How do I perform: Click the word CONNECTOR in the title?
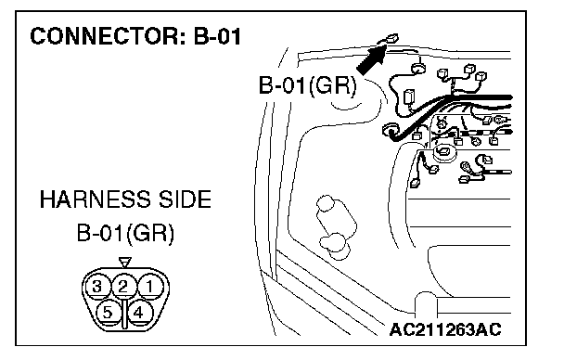(x=108, y=36)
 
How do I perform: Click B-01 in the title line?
(x=217, y=36)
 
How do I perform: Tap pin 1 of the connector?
(x=150, y=287)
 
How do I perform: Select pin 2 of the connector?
(x=123, y=287)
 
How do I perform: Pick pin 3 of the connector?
(x=96, y=287)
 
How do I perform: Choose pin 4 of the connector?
(x=138, y=313)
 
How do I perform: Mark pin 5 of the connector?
(x=108, y=313)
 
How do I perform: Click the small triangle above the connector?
(x=125, y=263)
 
